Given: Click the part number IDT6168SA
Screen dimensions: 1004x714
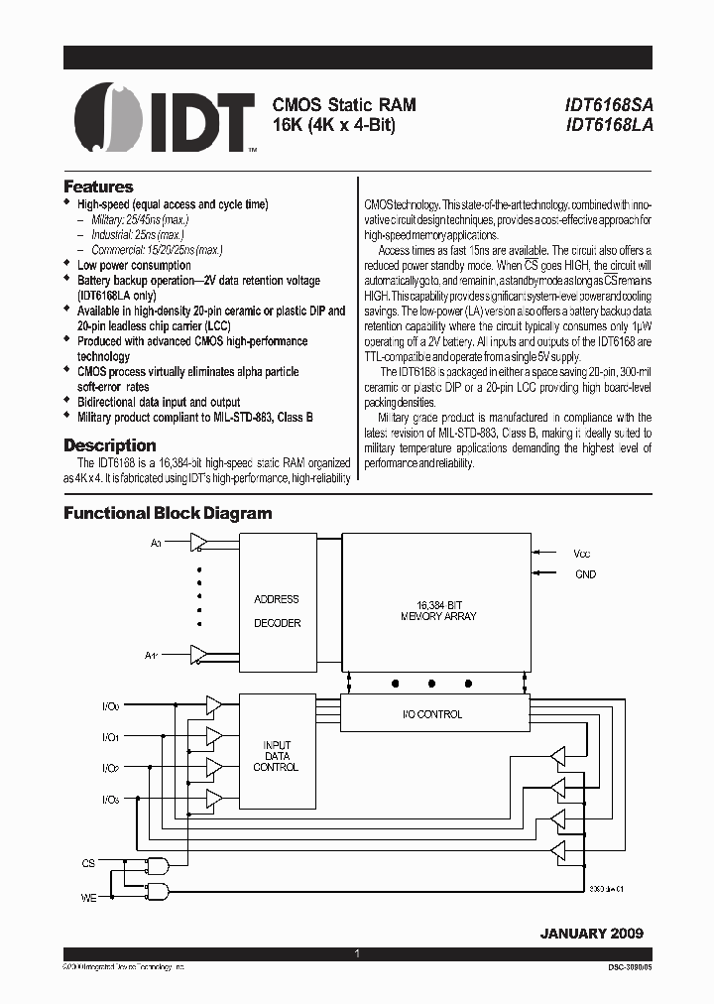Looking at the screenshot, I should point(609,104).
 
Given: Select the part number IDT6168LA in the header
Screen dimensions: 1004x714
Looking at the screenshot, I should point(609,125).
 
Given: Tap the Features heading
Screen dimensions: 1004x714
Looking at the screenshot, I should point(98,187).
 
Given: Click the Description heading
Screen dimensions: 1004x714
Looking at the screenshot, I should point(110,445).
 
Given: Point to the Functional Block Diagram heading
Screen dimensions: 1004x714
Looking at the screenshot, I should point(168,513).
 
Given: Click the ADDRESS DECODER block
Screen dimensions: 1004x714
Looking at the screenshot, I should point(277,610).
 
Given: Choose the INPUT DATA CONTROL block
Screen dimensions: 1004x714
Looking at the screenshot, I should point(277,755).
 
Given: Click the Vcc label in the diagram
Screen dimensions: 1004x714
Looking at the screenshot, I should point(581,554).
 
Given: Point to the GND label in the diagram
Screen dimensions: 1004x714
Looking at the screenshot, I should point(585,574).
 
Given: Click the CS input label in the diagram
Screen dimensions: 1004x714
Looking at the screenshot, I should point(88,863).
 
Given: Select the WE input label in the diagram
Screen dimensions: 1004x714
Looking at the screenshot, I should point(88,897).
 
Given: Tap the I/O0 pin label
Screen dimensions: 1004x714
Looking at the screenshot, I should point(109,706).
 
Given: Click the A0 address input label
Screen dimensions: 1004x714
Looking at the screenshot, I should point(156,543).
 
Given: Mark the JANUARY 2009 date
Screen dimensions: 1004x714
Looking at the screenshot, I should point(591,934).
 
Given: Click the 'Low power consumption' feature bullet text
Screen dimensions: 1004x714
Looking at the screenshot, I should point(134,265).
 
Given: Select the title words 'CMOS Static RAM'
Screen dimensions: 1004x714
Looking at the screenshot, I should point(344,104).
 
